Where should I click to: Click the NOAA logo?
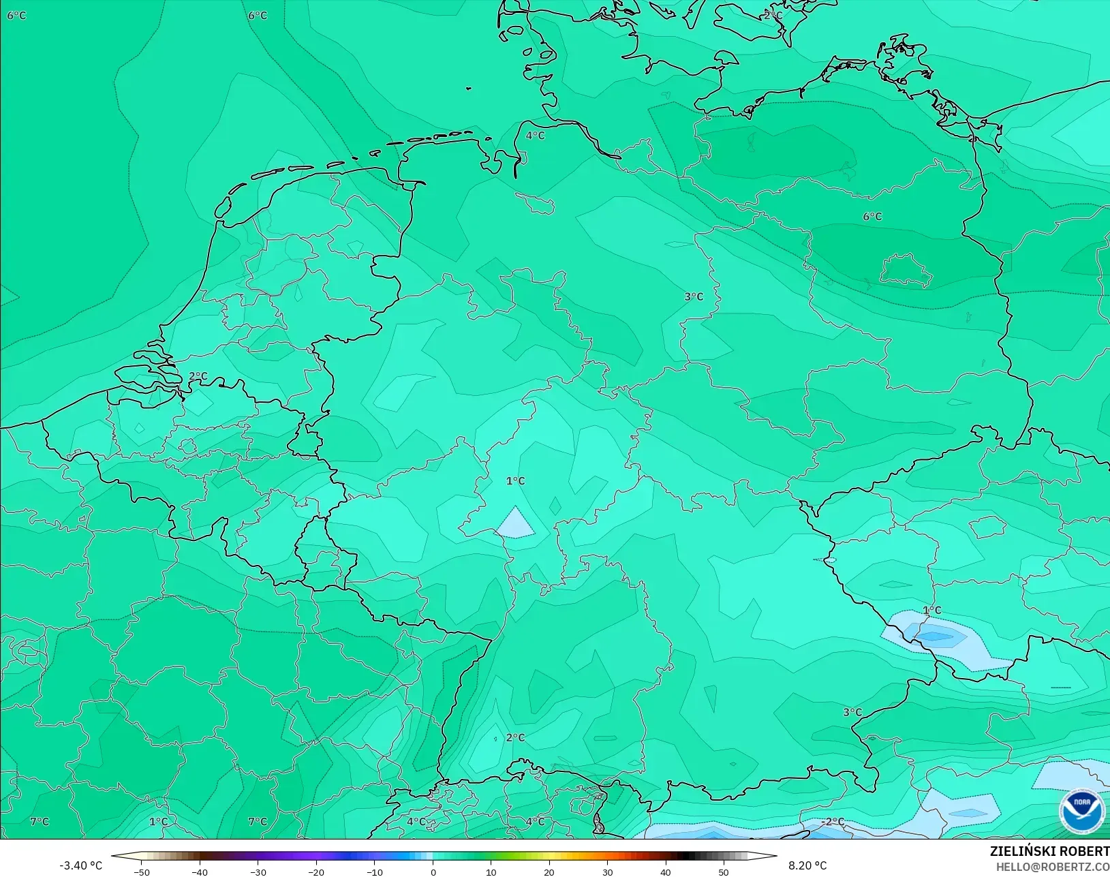[x=1081, y=811]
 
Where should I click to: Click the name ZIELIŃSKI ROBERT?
[x=1049, y=852]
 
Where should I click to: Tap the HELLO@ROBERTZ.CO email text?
[x=1053, y=867]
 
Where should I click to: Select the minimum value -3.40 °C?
[x=80, y=865]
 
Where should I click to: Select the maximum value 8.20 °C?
[x=807, y=865]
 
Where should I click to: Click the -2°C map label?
[x=832, y=822]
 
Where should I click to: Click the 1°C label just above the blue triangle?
[x=515, y=481]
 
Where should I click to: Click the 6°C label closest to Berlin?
[x=872, y=217]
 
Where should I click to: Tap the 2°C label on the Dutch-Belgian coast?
[x=198, y=376]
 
